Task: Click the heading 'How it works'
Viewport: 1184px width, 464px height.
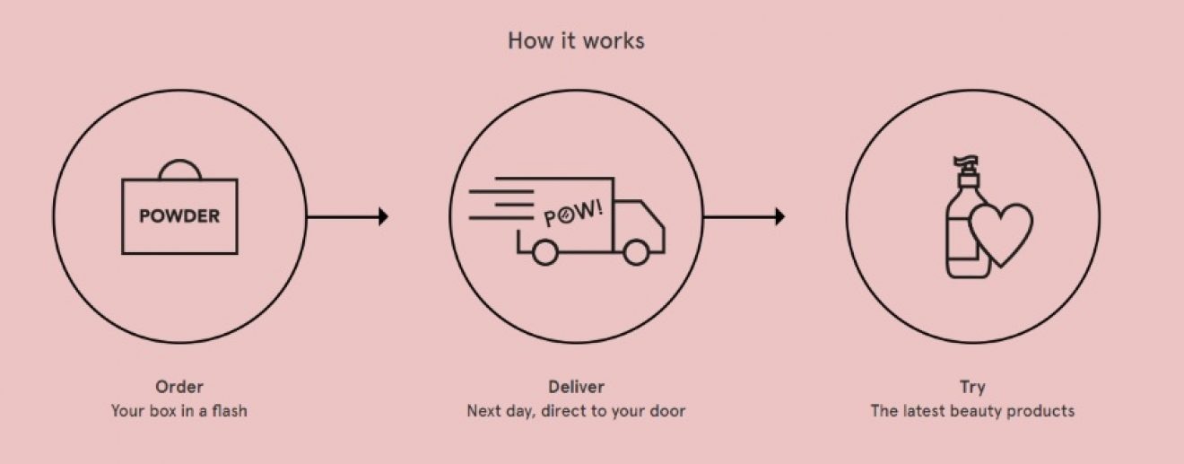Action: pyautogui.click(x=576, y=40)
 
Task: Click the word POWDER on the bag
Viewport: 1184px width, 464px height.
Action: pyautogui.click(x=179, y=216)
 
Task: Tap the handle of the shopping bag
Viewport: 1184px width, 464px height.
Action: pyautogui.click(x=179, y=169)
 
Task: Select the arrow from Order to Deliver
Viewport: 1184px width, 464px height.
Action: pyautogui.click(x=347, y=216)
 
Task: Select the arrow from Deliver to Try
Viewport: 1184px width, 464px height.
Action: pyautogui.click(x=744, y=216)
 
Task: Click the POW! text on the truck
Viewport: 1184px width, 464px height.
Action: pyautogui.click(x=573, y=214)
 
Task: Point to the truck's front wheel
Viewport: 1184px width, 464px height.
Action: pyautogui.click(x=636, y=253)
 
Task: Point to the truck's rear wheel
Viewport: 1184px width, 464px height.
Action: pyautogui.click(x=544, y=253)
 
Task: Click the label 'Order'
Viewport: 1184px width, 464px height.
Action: pyautogui.click(x=179, y=388)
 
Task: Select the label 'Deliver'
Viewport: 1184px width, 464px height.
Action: pyautogui.click(x=576, y=388)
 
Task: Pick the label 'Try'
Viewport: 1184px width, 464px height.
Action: pyautogui.click(x=972, y=388)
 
